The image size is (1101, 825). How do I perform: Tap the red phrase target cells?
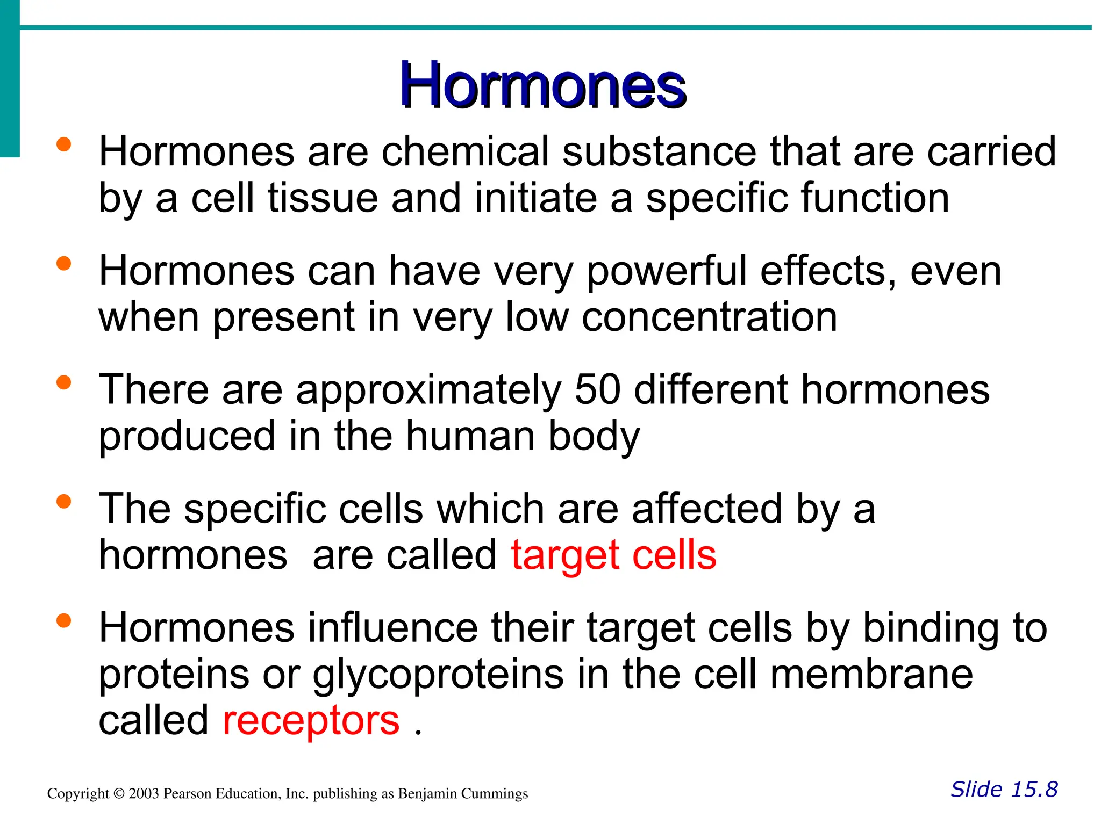click(x=613, y=555)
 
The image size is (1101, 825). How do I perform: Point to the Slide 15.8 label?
click(x=1004, y=790)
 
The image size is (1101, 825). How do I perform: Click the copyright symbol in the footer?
click(x=119, y=794)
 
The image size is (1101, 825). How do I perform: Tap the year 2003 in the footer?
click(x=144, y=794)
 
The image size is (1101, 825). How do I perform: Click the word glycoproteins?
click(x=438, y=675)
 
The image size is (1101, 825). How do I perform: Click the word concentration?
click(x=709, y=317)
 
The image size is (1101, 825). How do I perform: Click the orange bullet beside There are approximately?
click(x=63, y=382)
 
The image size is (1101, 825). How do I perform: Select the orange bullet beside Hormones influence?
click(x=63, y=620)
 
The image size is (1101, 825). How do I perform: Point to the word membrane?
click(x=871, y=675)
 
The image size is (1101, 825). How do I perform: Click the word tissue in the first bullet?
click(x=323, y=198)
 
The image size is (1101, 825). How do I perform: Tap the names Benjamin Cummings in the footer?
click(x=462, y=794)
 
